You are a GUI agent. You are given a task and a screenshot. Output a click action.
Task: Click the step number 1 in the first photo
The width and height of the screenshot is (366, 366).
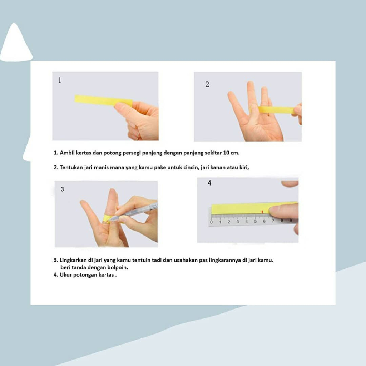pos(60,80)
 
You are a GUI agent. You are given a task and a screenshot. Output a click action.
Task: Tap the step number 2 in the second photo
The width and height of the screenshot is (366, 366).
pos(207,84)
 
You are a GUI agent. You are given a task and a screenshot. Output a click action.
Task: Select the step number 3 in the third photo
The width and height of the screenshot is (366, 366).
pos(62,189)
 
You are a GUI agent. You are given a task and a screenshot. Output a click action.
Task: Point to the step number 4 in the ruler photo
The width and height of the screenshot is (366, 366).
pos(209,183)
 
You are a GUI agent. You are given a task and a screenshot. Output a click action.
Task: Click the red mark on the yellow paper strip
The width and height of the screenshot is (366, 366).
pos(262,212)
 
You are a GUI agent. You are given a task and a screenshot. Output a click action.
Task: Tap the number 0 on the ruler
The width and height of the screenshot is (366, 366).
pos(211,222)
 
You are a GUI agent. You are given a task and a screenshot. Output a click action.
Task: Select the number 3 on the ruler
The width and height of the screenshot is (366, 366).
pos(238,222)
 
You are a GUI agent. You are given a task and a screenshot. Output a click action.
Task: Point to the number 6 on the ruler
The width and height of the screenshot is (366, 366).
pos(264,221)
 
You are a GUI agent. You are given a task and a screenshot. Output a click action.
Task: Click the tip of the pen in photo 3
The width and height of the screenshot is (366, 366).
pos(109,220)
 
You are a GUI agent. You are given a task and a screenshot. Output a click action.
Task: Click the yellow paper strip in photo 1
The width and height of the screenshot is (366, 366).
pos(103,100)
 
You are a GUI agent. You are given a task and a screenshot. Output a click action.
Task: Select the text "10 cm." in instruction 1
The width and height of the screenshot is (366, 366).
pos(231,153)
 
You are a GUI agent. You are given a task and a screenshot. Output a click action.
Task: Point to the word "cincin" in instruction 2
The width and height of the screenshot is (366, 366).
pos(192,167)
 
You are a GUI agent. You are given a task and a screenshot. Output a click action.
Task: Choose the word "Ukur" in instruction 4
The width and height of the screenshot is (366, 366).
pos(66,275)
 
